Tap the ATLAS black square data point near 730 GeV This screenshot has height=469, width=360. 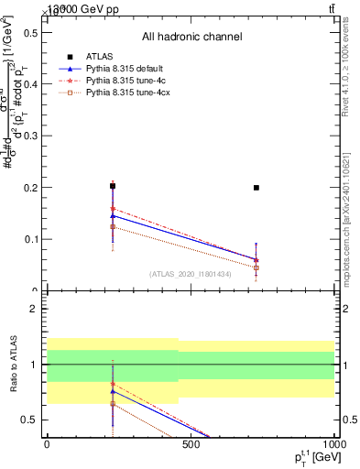[256, 187]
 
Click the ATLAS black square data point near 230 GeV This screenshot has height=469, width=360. [113, 186]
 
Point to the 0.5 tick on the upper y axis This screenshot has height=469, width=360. [31, 32]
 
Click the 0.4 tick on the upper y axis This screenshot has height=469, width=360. [31, 84]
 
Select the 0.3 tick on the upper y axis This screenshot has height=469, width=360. [31, 136]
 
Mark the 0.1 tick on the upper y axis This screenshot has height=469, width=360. [31, 239]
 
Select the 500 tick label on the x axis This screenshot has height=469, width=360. [191, 444]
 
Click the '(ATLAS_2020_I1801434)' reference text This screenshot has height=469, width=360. [191, 274]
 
